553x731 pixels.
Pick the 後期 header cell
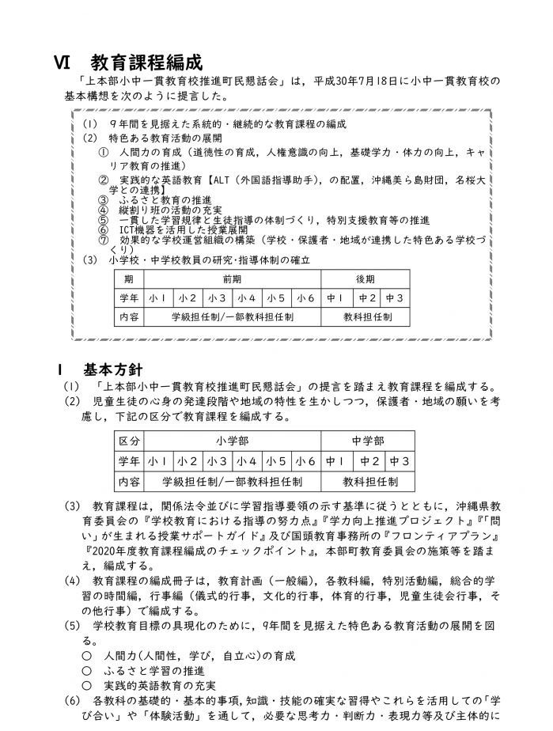365,279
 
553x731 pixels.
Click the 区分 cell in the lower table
129,441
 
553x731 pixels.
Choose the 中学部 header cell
368,441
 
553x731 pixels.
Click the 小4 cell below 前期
246,298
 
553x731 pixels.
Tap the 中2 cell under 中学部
368,461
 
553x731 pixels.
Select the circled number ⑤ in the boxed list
103,219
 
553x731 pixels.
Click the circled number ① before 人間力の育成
103,151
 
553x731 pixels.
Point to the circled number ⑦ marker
103,238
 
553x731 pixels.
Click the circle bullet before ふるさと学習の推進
85,670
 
